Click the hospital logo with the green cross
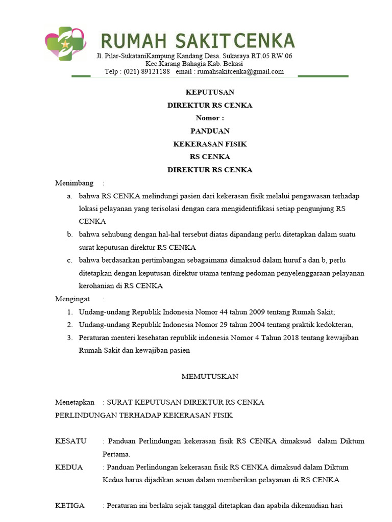point(66,44)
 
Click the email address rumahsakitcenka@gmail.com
point(237,71)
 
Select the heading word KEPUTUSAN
point(210,92)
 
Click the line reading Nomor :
point(210,118)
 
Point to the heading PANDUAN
point(210,131)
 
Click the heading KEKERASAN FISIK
point(210,144)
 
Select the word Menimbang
point(75,183)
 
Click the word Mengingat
point(72,299)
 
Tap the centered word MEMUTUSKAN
point(210,377)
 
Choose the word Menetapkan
point(75,402)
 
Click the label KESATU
point(71,441)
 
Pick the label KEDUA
point(69,467)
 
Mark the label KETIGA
point(70,506)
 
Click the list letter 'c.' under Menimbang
point(68,260)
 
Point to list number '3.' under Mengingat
point(70,337)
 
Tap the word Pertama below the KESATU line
point(116,454)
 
